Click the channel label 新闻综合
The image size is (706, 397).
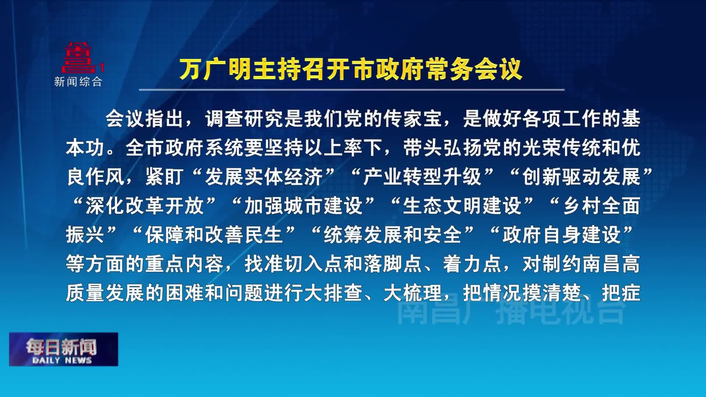click(x=78, y=82)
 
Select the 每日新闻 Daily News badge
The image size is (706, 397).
click(x=64, y=349)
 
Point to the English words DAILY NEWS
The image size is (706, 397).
click(x=62, y=360)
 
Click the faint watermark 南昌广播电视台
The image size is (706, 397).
click(x=511, y=312)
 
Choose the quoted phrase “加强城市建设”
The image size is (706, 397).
click(x=303, y=205)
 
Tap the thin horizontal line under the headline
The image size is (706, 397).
click(x=352, y=89)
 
